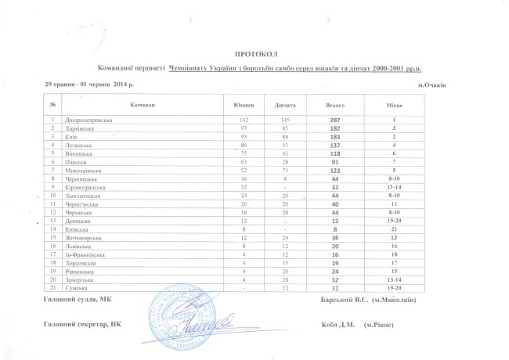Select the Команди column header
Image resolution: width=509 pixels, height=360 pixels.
[142, 105]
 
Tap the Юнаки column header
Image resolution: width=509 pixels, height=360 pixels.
[244, 105]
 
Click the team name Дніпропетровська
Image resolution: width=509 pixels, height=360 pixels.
[88, 120]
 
